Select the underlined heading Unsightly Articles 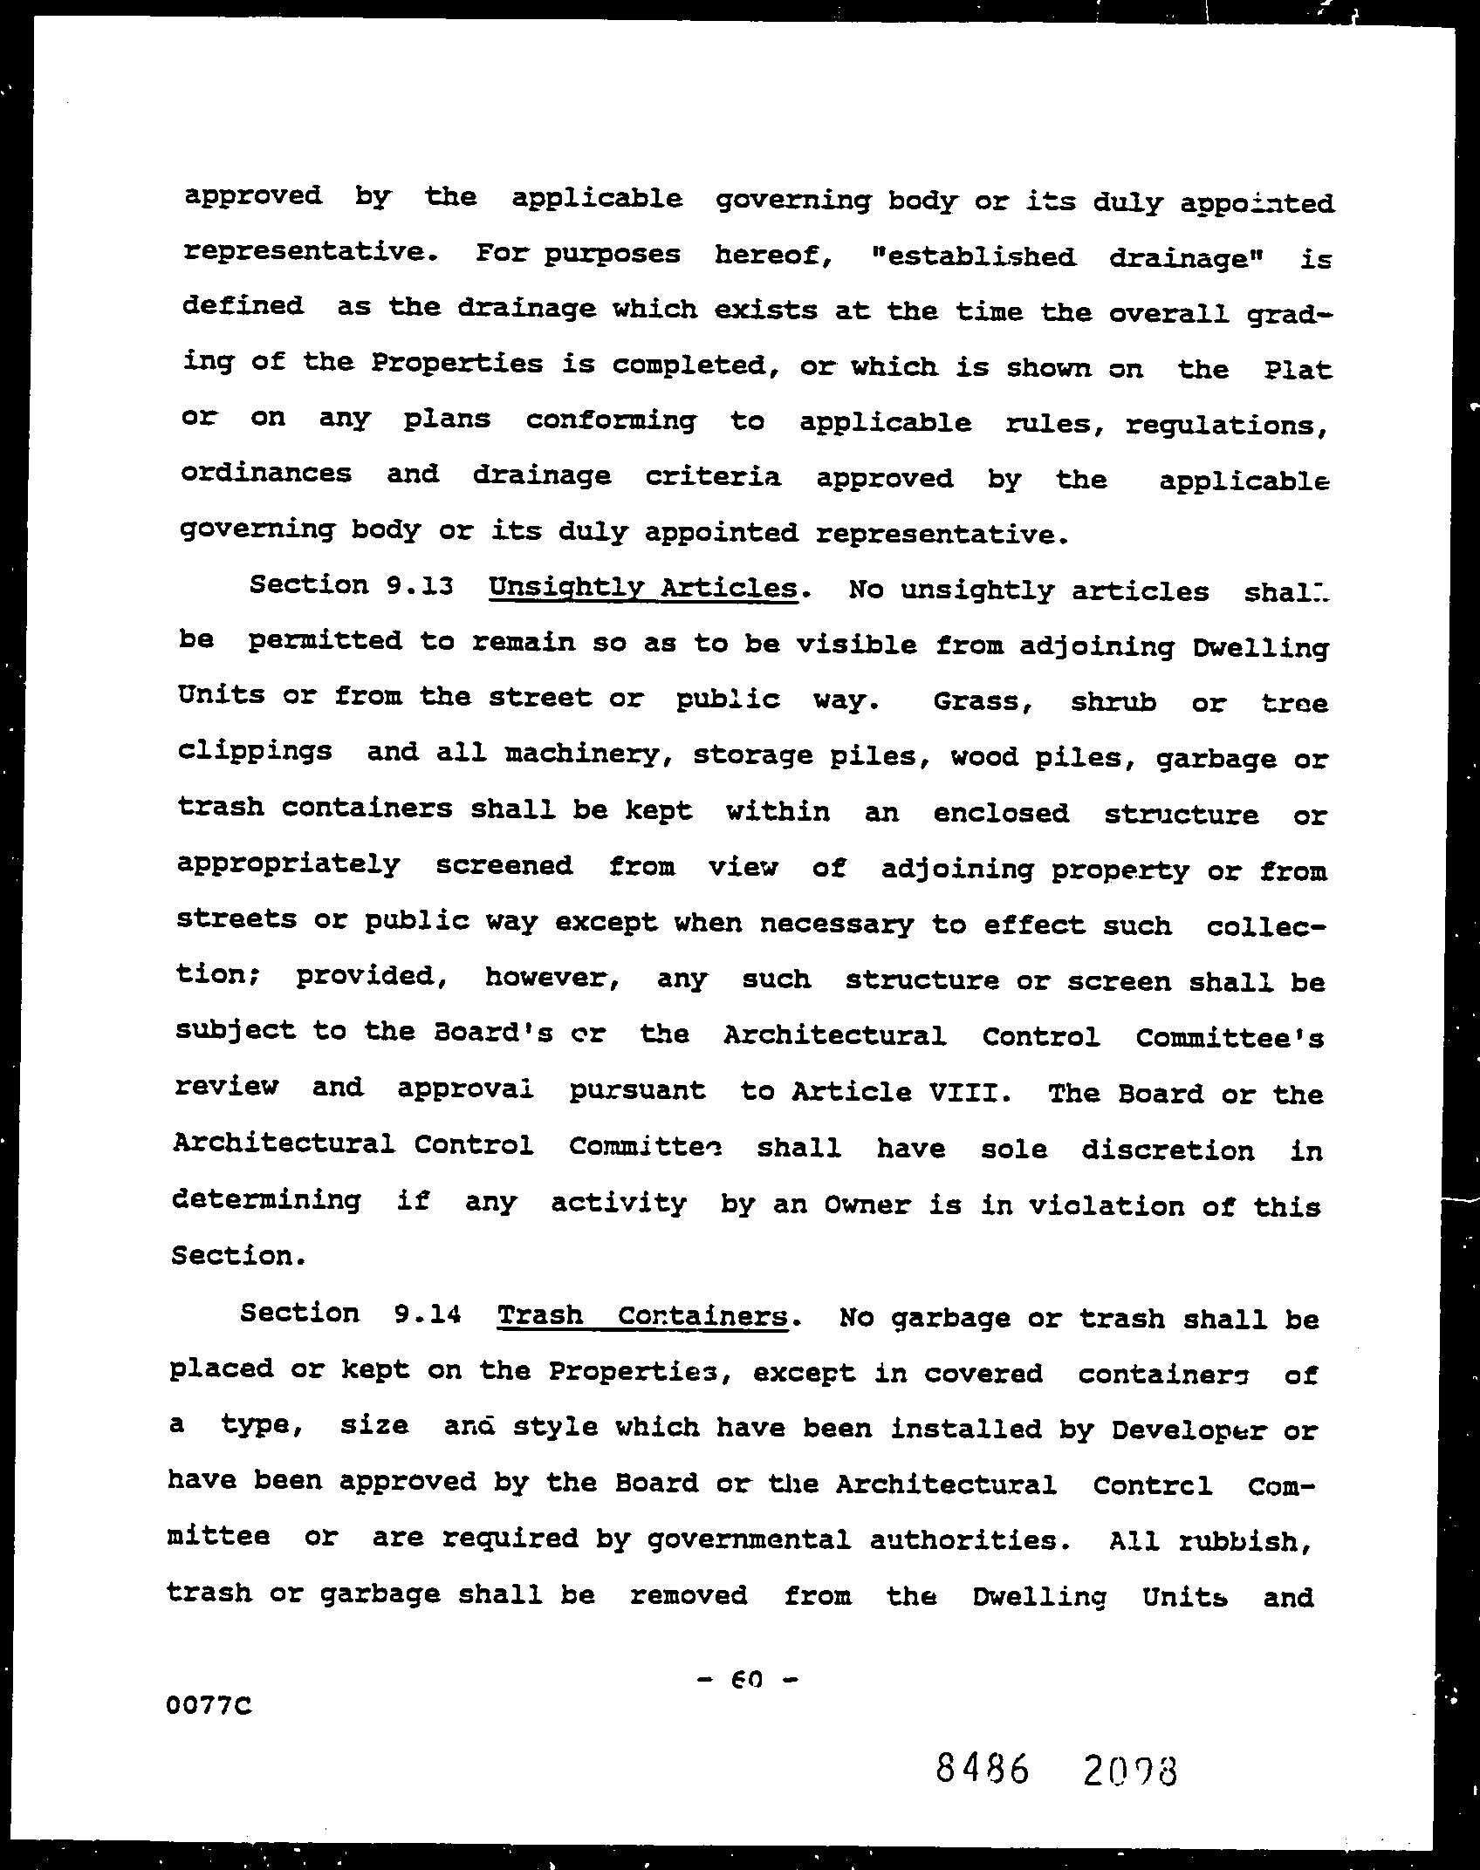[643, 589]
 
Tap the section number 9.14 [426, 1314]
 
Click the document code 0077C [209, 1704]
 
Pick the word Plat [1298, 371]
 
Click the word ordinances [266, 474]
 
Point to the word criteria [713, 477]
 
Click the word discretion [1168, 1150]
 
